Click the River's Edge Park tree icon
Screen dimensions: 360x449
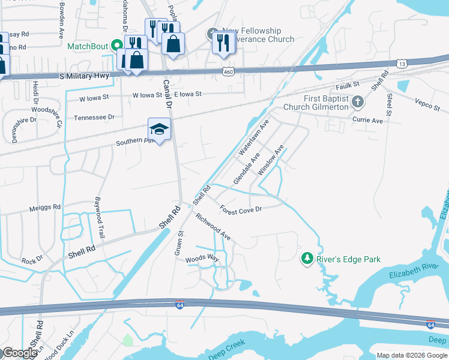(307, 258)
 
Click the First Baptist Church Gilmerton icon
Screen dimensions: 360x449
(358, 101)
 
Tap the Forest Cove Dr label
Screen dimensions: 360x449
(241, 209)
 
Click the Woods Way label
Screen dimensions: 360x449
(202, 258)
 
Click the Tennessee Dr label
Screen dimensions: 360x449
(94, 118)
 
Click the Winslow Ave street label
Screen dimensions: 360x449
(270, 160)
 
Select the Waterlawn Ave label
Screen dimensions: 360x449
(255, 137)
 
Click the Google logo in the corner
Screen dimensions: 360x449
(19, 353)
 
